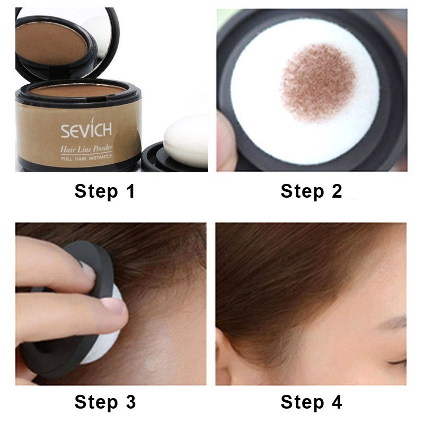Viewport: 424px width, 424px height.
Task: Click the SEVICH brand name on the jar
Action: pos(86,130)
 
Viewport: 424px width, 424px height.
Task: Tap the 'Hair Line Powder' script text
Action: pos(86,149)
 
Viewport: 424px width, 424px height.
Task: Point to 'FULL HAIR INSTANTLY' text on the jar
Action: pos(86,158)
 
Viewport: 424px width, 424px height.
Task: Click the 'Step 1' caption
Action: pos(104,191)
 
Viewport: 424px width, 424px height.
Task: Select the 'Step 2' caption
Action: pos(311,191)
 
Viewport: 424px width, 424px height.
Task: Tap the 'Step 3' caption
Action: pos(105,402)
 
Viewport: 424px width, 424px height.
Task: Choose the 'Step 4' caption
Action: pos(311,402)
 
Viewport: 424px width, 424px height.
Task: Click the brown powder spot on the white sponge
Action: pos(317,82)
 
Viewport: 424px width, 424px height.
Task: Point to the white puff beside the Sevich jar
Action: pos(186,141)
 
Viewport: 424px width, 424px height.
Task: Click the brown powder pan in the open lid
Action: pos(51,45)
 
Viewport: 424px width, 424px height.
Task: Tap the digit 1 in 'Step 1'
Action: pos(131,191)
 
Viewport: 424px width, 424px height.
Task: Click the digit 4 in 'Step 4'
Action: pos(337,402)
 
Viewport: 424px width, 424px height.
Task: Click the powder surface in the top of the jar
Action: pos(78,91)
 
